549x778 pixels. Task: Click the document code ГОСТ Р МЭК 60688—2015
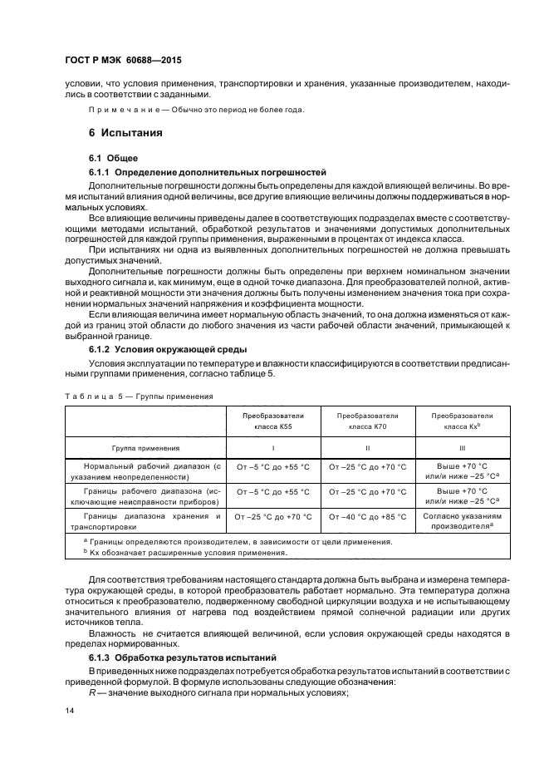point(122,62)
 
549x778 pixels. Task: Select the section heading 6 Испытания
point(125,133)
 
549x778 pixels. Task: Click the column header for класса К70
point(367,420)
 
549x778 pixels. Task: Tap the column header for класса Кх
point(463,420)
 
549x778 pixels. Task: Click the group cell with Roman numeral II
point(367,446)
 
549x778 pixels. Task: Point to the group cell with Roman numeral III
point(463,446)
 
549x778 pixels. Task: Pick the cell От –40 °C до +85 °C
point(367,516)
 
